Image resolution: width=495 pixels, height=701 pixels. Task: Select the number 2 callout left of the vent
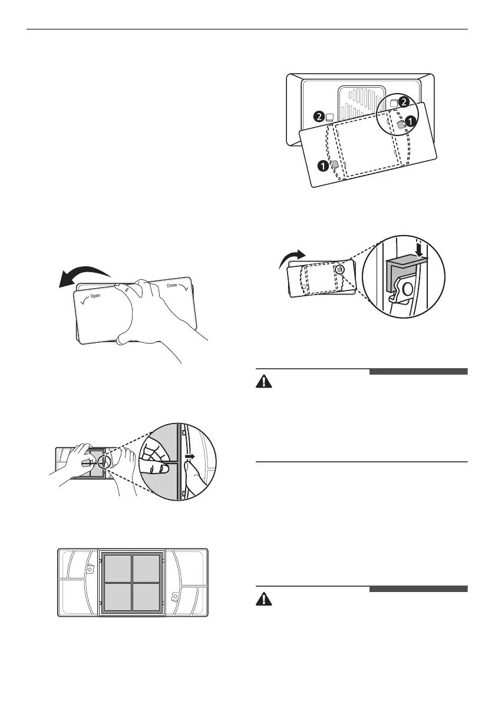pyautogui.click(x=319, y=117)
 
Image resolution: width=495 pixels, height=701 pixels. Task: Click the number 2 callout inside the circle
pyautogui.click(x=403, y=102)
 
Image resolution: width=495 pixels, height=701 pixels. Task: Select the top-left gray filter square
pyautogui.click(x=118, y=568)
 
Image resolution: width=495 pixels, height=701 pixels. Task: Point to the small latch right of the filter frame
pyautogui.click(x=174, y=597)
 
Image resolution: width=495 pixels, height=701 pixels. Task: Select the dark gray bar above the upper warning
pyautogui.click(x=418, y=372)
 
